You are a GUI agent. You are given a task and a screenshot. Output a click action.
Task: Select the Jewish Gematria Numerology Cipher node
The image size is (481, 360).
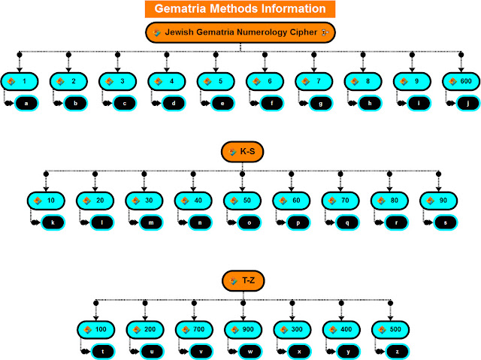tap(240, 33)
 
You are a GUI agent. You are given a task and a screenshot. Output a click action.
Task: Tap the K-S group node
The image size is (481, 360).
tap(242, 152)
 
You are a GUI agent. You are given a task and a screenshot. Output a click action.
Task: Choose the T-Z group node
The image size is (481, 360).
tap(242, 281)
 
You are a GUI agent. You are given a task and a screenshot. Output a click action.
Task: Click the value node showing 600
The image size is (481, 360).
tap(461, 80)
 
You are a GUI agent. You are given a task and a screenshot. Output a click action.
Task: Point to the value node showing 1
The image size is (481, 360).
tap(19, 80)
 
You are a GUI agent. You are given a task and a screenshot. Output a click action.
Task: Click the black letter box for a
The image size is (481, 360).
tap(26, 102)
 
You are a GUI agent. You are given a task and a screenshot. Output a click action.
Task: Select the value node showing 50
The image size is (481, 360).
tap(242, 201)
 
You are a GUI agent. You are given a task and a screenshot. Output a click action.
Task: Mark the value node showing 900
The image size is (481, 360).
tap(242, 330)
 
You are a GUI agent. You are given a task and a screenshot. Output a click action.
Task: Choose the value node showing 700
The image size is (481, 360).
tap(193, 330)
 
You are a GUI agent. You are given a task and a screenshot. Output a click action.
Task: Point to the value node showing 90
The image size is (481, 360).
tap(438, 201)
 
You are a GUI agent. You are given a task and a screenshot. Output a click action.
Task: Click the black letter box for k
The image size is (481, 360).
tap(53, 223)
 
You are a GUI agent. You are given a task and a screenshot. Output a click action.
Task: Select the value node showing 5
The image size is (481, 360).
tap(215, 80)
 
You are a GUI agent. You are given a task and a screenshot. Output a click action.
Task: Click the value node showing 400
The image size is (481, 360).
tap(340, 330)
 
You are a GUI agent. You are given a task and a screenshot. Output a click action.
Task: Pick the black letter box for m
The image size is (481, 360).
tap(151, 223)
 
